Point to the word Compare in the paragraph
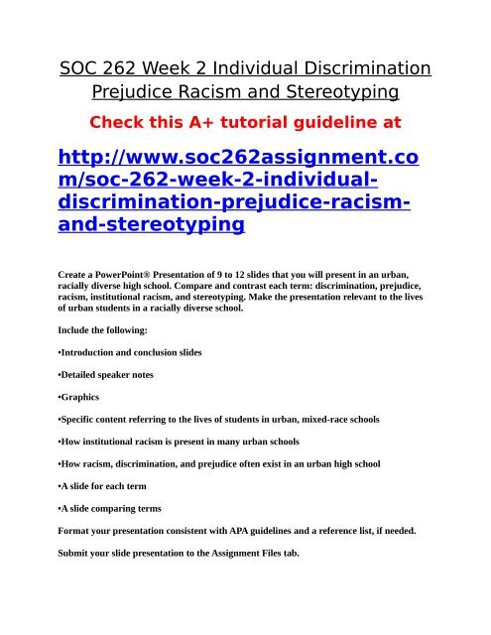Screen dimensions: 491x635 (235, 283)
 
